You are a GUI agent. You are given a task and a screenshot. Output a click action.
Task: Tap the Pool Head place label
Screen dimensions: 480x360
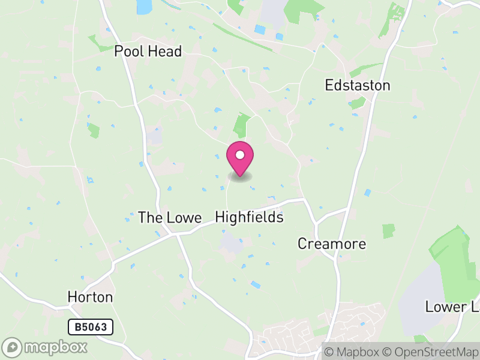coord(148,52)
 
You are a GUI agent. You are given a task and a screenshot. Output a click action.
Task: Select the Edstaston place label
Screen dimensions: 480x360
coord(358,85)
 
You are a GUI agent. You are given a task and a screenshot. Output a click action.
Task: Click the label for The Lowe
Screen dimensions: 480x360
coord(170,217)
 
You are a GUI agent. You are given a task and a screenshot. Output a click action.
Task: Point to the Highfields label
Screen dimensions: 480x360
coord(249,217)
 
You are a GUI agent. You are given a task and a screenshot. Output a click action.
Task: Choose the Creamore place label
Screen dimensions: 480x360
coord(332,244)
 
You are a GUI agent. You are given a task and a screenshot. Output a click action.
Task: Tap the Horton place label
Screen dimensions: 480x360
coord(90,297)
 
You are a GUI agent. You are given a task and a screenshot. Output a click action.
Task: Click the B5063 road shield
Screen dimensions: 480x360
coord(90,327)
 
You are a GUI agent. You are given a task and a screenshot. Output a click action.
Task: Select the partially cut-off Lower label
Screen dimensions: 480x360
coord(453,307)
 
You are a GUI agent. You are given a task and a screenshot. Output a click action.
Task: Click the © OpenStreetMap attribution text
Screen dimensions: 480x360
coord(430,352)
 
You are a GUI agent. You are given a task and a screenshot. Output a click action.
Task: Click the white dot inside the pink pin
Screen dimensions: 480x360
coord(240,155)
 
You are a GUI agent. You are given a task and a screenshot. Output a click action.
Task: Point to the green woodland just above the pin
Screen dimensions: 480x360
coord(241,125)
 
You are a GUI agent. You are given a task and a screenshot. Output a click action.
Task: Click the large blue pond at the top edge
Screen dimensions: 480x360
coord(144,6)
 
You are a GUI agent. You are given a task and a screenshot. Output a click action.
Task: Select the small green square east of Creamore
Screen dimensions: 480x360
coord(389,231)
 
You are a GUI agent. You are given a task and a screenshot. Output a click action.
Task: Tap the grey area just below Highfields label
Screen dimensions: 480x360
coord(231,242)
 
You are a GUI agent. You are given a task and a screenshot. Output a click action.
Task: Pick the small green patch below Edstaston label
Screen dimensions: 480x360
coord(358,103)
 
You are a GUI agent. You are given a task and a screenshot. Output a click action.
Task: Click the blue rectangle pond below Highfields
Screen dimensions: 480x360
coord(256,284)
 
